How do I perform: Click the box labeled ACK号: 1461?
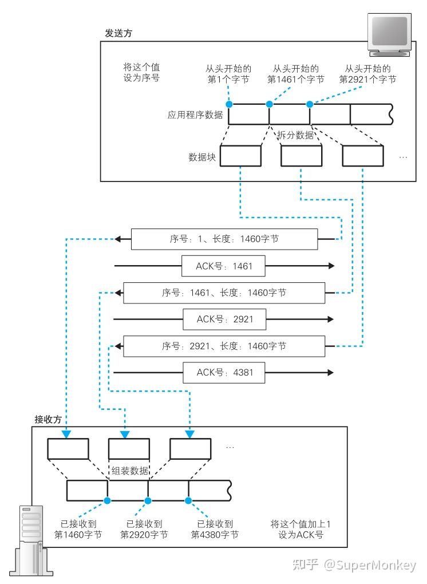(x=223, y=266)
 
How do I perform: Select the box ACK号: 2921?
(x=224, y=319)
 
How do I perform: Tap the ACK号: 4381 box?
(x=224, y=373)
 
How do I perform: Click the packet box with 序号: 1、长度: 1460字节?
(x=224, y=239)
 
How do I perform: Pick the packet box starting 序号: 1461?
(x=224, y=293)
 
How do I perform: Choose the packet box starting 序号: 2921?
(x=224, y=346)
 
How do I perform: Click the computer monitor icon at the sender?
(x=389, y=34)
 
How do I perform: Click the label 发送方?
(x=118, y=33)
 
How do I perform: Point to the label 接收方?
(x=48, y=419)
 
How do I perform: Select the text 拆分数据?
(x=295, y=135)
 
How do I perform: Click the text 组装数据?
(x=130, y=471)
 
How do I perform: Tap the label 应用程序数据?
(x=195, y=115)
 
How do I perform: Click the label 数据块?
(x=202, y=157)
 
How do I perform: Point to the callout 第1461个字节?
(x=296, y=74)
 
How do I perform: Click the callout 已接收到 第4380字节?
(x=215, y=529)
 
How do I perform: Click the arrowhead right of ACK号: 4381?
(x=330, y=373)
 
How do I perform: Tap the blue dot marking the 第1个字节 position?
(x=230, y=104)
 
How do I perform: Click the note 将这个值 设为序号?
(x=141, y=72)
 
